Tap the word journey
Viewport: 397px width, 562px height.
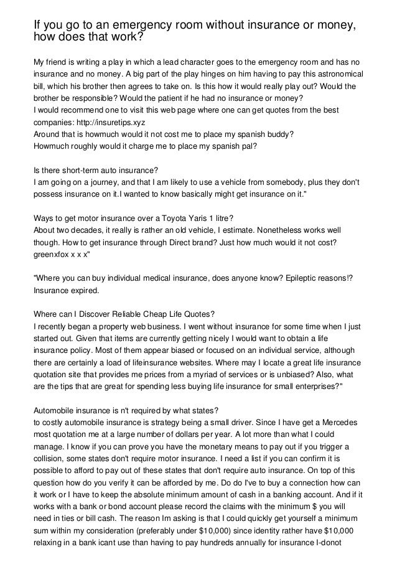[100, 182]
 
